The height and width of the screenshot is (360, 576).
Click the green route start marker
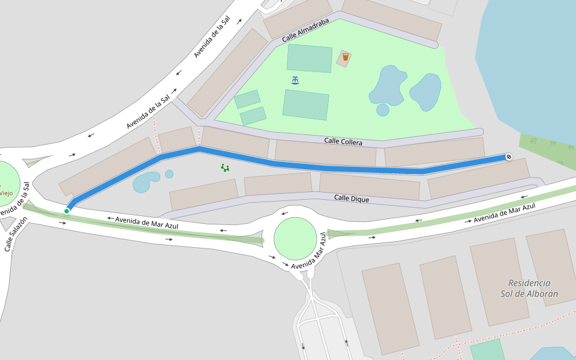click(x=67, y=211)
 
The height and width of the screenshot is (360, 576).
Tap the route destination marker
click(x=509, y=157)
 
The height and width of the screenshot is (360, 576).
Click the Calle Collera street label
click(x=343, y=142)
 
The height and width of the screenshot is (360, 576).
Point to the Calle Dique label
click(x=352, y=198)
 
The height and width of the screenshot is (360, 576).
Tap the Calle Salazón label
click(x=16, y=235)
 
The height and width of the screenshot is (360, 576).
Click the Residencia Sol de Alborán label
click(x=529, y=288)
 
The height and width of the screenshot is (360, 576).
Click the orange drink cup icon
click(x=345, y=57)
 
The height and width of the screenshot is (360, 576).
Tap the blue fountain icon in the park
click(x=295, y=80)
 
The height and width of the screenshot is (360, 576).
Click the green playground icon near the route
click(x=225, y=168)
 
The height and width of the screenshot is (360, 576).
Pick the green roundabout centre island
click(x=295, y=238)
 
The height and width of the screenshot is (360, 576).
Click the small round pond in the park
click(x=382, y=110)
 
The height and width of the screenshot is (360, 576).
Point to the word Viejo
click(x=6, y=193)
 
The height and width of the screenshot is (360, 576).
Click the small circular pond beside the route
click(x=169, y=174)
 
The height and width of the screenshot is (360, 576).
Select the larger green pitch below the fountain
click(x=306, y=104)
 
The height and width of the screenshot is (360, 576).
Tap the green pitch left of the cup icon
click(x=309, y=58)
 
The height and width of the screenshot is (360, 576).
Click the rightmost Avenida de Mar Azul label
click(x=504, y=214)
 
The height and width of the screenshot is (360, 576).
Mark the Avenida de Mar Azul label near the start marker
click(x=147, y=222)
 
